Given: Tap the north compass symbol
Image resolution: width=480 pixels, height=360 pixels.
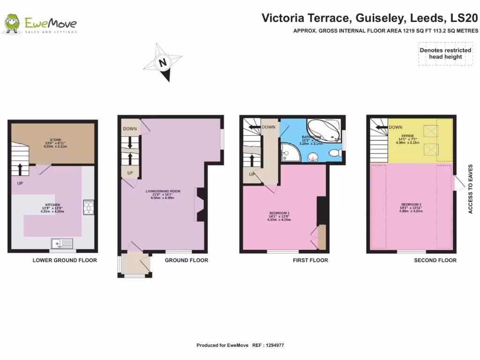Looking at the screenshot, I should point(163,62).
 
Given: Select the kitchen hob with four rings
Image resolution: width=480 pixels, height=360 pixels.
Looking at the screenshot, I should point(88,207).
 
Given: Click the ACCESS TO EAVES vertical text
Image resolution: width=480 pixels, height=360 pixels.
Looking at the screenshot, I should point(470,189).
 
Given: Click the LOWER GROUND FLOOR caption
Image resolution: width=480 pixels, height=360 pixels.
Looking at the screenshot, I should point(65,260).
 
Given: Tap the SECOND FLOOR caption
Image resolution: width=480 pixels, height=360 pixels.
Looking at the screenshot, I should point(435,260).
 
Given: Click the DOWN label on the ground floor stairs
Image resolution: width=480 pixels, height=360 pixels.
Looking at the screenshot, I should point(130,129).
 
